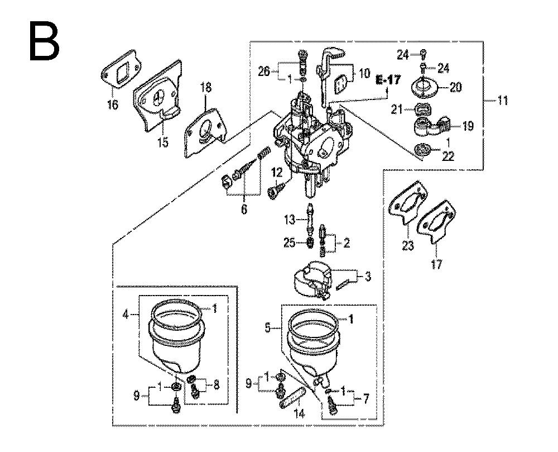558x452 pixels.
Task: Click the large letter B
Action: point(44,41)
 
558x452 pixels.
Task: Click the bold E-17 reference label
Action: point(388,80)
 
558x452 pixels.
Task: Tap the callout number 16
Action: point(113,104)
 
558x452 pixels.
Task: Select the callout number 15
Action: point(162,143)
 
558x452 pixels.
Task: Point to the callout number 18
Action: point(206,87)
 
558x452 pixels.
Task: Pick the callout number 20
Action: point(456,87)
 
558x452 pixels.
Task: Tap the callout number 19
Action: point(468,126)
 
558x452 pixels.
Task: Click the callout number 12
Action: point(277,173)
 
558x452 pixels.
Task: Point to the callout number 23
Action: point(408,245)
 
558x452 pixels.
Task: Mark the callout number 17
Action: point(436,264)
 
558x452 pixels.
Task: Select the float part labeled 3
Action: point(312,279)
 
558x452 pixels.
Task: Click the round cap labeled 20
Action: point(425,88)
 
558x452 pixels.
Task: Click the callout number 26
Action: point(264,72)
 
